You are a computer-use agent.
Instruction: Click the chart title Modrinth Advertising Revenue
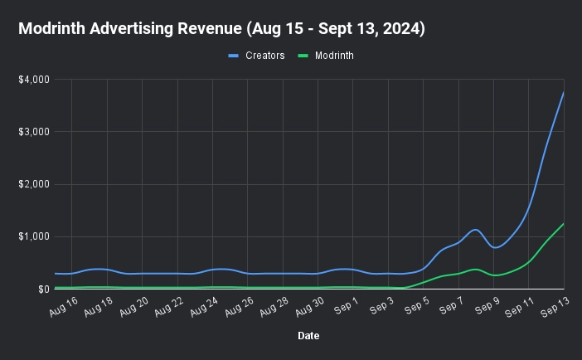pyautogui.click(x=221, y=29)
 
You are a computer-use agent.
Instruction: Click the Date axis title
pyautogui.click(x=308, y=336)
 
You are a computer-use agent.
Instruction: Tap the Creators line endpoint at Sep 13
pyautogui.click(x=564, y=92)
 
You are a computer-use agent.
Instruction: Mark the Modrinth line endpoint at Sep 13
pyautogui.click(x=564, y=224)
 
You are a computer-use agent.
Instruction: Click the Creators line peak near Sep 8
pyautogui.click(x=475, y=230)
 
